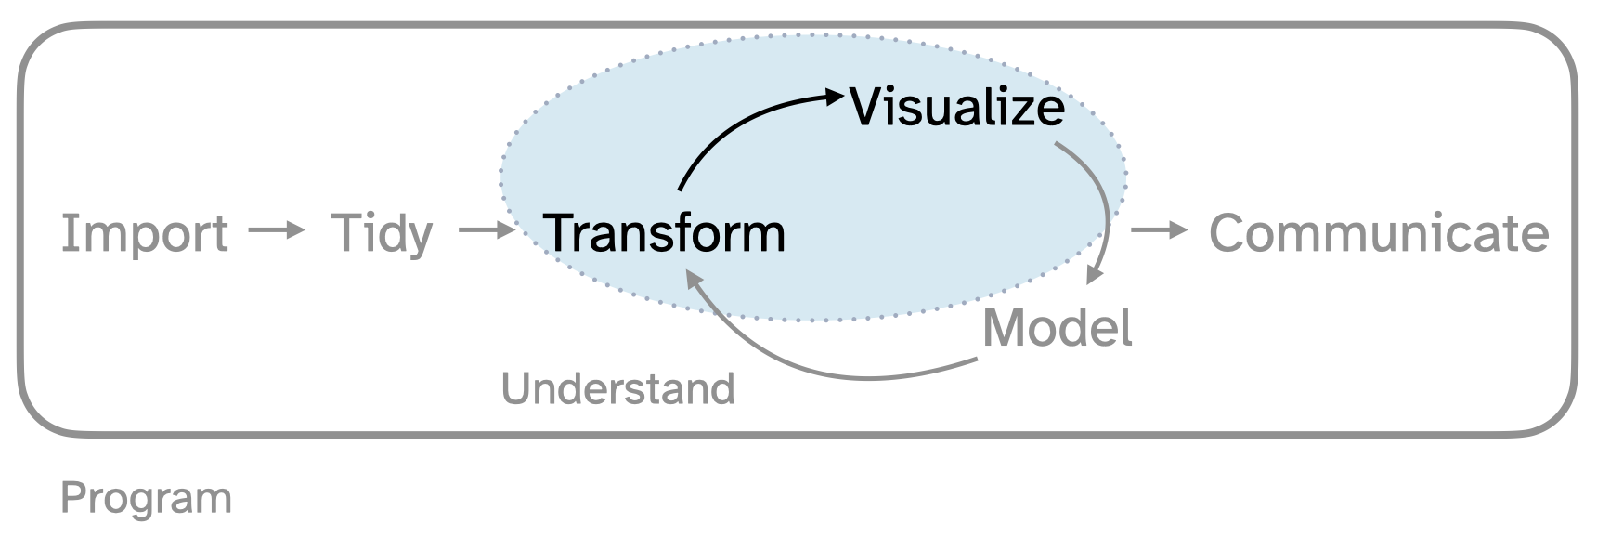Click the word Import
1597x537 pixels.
[x=144, y=233]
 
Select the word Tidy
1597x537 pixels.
[x=382, y=233]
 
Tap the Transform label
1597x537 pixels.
[x=664, y=233]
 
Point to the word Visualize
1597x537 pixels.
[x=957, y=107]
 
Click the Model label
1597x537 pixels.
[x=1057, y=328]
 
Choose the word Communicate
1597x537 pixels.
[x=1379, y=233]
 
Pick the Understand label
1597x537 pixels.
[x=617, y=389]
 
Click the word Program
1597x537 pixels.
[x=146, y=499]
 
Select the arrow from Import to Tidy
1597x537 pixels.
[x=277, y=230]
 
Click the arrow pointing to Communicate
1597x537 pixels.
[x=1159, y=230]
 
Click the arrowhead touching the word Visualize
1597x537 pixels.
[x=833, y=95]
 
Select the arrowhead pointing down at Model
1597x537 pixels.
[x=1095, y=274]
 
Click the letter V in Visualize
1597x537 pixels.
[x=865, y=107]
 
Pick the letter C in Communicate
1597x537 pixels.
[x=1229, y=233]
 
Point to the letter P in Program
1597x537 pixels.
[x=73, y=499]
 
